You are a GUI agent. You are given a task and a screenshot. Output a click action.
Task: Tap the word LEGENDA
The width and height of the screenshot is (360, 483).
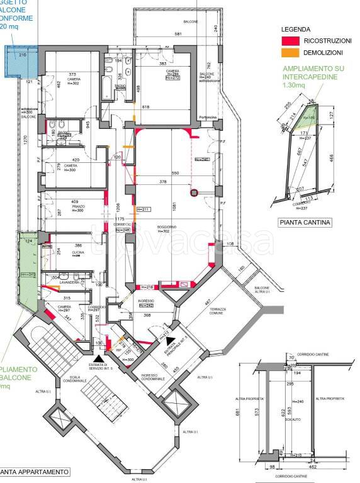point(295,30)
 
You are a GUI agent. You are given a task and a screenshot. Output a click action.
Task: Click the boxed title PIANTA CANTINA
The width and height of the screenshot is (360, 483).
point(305,222)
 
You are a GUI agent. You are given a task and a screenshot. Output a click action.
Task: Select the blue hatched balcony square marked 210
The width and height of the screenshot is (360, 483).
point(23,62)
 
